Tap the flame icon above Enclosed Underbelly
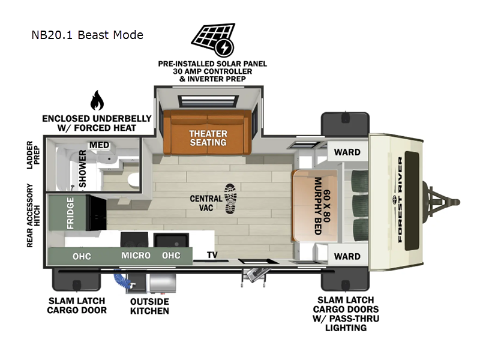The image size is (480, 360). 97,101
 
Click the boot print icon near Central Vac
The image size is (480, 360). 230,199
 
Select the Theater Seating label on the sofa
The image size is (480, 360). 208,137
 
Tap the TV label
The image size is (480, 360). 212,255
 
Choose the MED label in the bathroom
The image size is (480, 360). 98,145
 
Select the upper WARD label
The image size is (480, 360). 347,152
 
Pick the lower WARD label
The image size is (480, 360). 347,256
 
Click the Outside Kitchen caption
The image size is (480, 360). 149,306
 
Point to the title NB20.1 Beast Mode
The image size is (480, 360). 87,35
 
